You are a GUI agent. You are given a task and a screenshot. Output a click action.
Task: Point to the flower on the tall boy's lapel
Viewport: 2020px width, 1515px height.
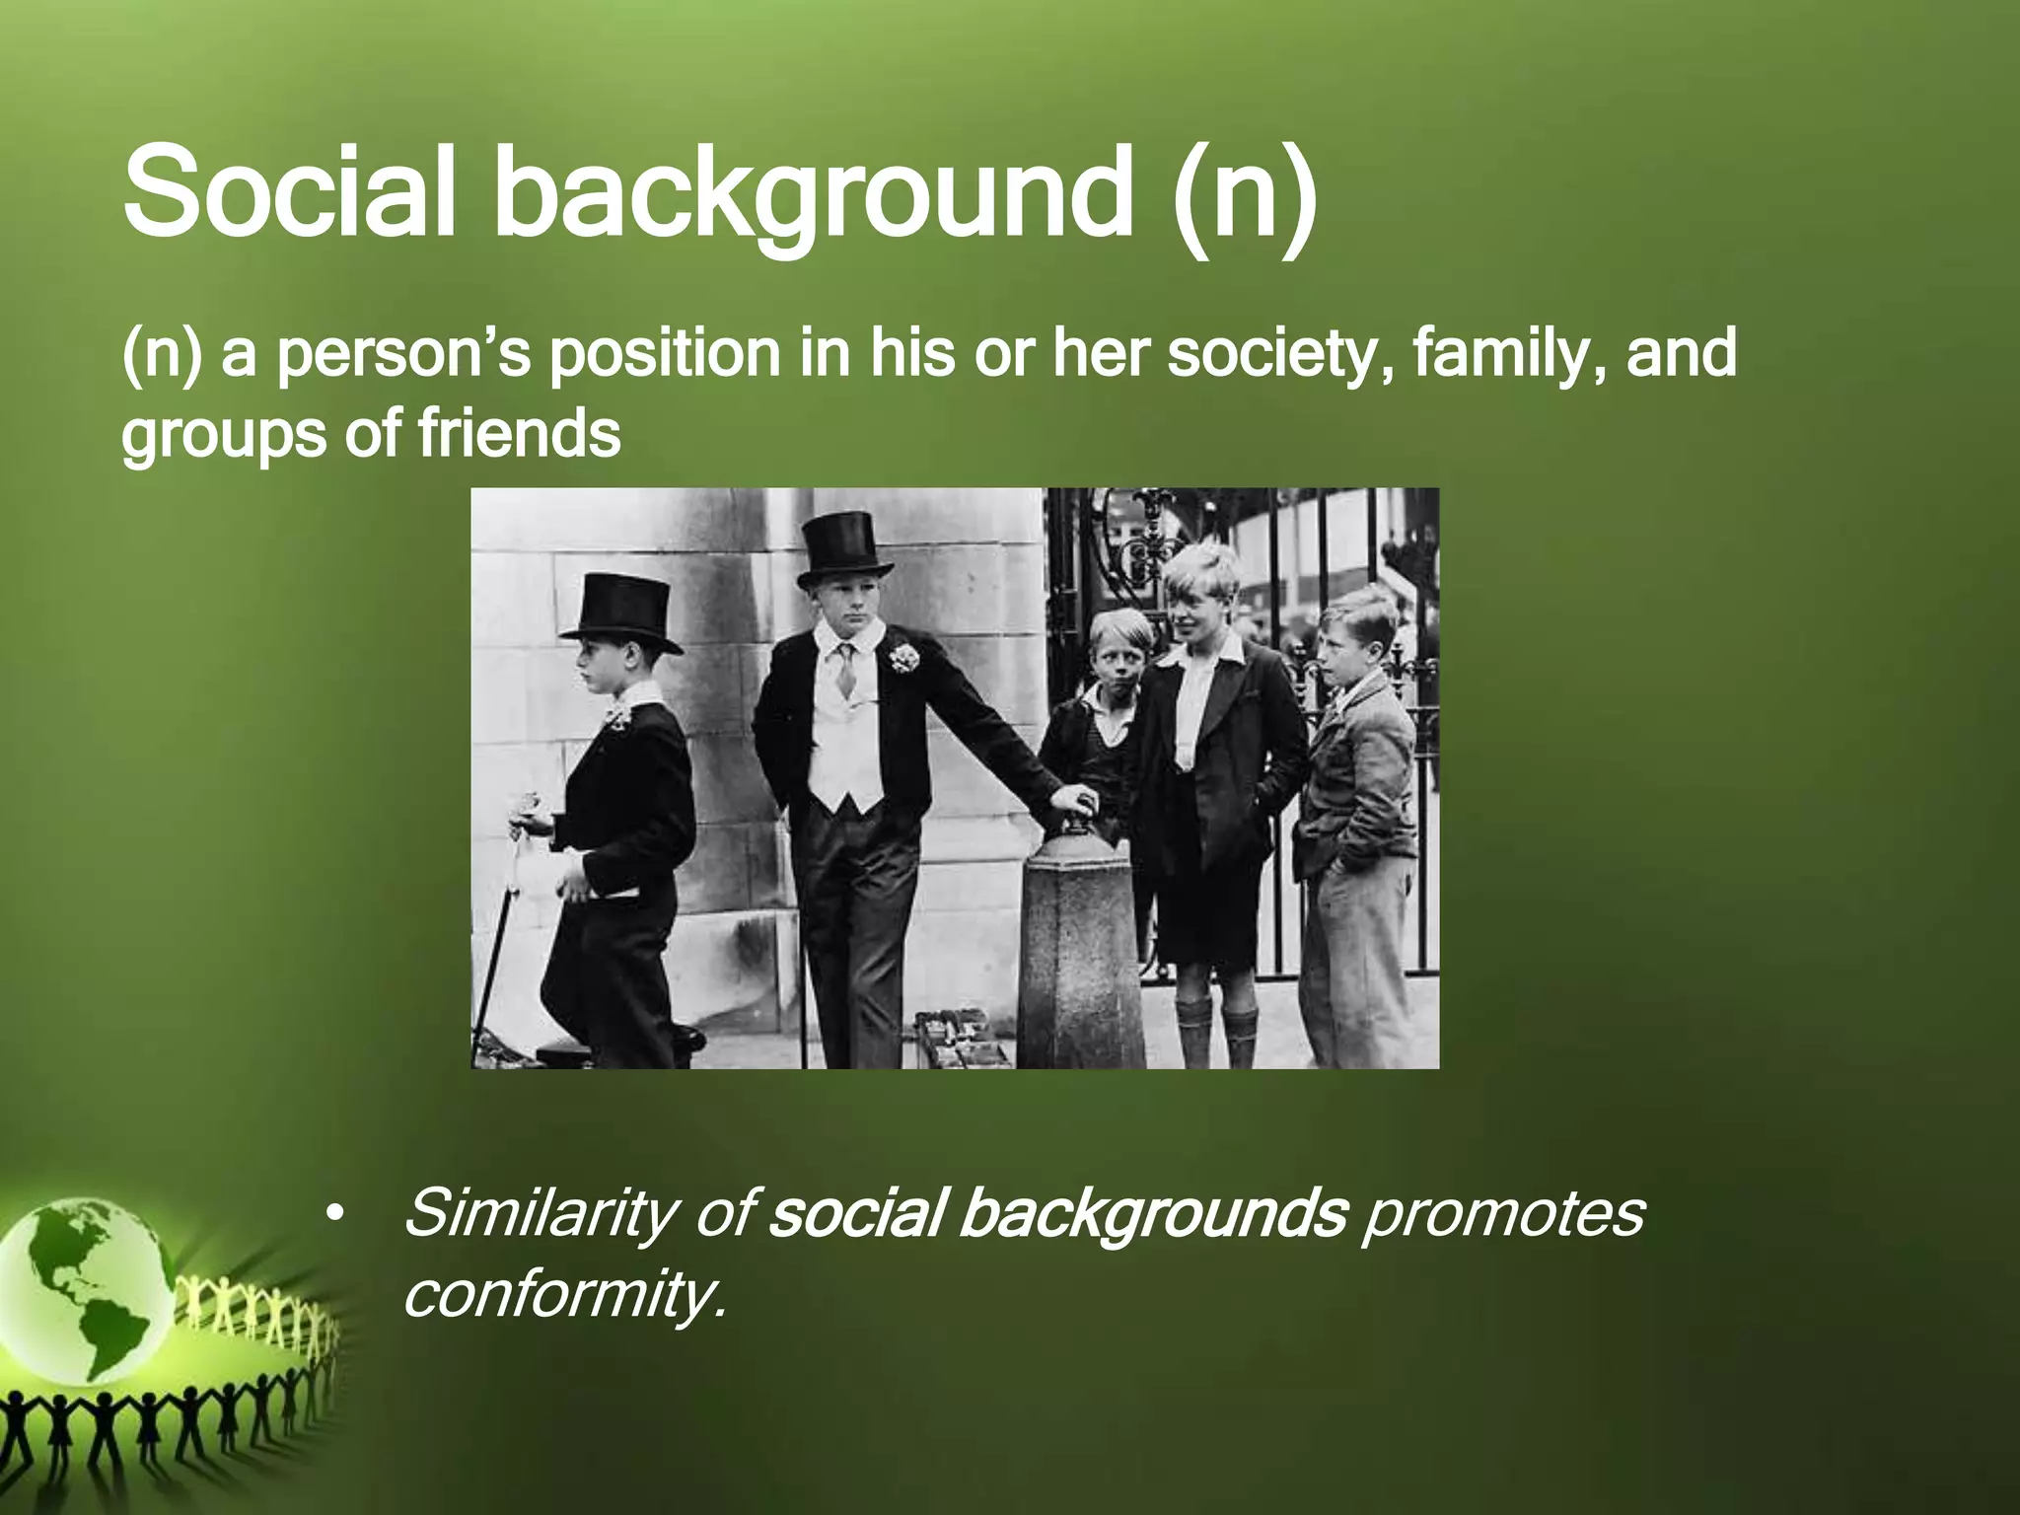coord(901,656)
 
